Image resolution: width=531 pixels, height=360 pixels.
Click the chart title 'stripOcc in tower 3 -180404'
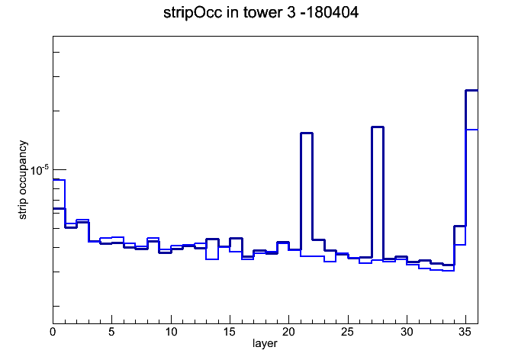[x=261, y=12]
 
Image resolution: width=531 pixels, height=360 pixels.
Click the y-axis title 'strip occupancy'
[x=22, y=180]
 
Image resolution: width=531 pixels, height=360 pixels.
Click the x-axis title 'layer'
[x=265, y=343]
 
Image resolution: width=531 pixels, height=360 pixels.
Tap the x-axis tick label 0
[x=53, y=332]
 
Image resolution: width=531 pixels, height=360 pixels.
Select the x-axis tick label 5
[x=111, y=332]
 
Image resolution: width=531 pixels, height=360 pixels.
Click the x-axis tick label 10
[x=171, y=332]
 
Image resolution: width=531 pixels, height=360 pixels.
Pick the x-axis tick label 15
[x=230, y=332]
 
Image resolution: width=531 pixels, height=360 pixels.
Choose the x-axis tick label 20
[x=288, y=332]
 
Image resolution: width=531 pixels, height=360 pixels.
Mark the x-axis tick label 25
[x=348, y=332]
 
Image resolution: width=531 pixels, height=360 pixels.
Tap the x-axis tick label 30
[x=407, y=332]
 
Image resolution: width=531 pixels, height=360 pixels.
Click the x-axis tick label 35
[x=465, y=332]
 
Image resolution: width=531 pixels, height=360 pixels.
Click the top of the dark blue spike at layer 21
[x=307, y=133]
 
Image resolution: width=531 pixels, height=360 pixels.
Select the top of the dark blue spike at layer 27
[x=377, y=127]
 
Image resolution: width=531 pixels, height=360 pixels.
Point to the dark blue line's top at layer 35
[x=471, y=91]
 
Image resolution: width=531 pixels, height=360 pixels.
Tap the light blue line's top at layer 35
[x=471, y=130]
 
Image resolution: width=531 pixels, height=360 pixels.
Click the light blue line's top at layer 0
[x=59, y=180]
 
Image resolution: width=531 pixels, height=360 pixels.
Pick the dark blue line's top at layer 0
[x=59, y=208]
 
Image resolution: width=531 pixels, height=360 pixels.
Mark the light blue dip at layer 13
[x=212, y=259]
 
